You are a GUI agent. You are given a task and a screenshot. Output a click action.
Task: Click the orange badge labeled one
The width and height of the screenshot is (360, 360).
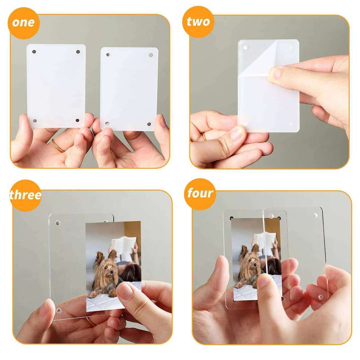[23, 22]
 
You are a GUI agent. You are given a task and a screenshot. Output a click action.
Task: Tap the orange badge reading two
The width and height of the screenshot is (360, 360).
[198, 22]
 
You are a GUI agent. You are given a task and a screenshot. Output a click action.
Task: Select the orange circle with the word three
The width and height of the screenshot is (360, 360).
[25, 195]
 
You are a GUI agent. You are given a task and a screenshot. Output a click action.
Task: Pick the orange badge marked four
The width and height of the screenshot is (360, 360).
[201, 194]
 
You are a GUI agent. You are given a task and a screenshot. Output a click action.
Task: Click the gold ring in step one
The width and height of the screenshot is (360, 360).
[58, 146]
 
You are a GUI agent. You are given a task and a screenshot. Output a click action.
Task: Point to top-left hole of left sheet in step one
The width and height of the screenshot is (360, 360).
[34, 51]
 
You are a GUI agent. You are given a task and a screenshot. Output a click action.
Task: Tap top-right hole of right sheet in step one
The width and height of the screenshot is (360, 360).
[150, 55]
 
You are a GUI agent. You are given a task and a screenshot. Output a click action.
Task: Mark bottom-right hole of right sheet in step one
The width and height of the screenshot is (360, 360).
[149, 124]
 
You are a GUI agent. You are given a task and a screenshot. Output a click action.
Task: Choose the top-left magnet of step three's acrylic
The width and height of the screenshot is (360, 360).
[57, 223]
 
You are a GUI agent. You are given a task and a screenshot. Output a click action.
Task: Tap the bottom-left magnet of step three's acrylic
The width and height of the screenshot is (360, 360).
[58, 310]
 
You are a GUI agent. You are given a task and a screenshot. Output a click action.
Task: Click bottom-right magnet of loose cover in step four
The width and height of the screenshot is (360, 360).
[320, 298]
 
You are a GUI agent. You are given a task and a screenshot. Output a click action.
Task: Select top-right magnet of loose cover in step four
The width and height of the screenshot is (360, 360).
[315, 215]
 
